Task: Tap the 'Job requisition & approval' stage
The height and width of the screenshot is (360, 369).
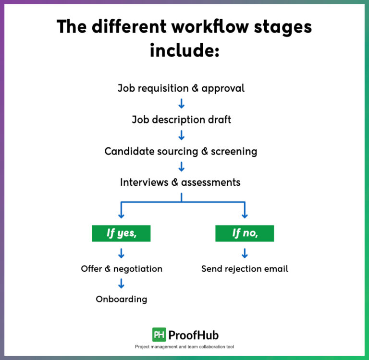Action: (x=181, y=88)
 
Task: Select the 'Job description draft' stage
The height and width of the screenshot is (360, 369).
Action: (x=181, y=120)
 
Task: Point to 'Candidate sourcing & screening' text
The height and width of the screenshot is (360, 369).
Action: (x=181, y=151)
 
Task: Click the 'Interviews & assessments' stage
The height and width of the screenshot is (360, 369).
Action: (x=180, y=182)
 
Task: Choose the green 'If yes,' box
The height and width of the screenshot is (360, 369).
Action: (x=121, y=233)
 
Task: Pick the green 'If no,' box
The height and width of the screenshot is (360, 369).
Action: (x=245, y=233)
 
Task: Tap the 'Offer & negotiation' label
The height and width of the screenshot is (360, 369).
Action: (x=122, y=268)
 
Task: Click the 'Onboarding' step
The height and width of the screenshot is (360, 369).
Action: (x=121, y=299)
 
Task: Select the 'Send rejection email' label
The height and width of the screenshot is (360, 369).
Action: (x=245, y=268)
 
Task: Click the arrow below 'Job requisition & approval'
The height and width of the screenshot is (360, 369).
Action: (x=181, y=104)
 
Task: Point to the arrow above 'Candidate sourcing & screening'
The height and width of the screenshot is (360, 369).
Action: (x=181, y=135)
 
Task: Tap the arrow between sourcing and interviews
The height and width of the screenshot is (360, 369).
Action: (x=181, y=167)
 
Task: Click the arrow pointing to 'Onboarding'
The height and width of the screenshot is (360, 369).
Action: (x=121, y=284)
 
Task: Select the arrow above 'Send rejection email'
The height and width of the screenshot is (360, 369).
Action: (x=245, y=253)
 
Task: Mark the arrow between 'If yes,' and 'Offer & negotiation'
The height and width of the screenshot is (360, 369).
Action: (x=121, y=253)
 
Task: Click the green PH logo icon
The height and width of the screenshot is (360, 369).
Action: (x=159, y=335)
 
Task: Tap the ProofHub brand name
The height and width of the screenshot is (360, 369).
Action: (x=194, y=335)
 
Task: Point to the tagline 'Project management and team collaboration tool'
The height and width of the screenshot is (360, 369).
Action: (x=184, y=347)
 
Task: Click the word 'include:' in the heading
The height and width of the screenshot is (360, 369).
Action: (x=184, y=49)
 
